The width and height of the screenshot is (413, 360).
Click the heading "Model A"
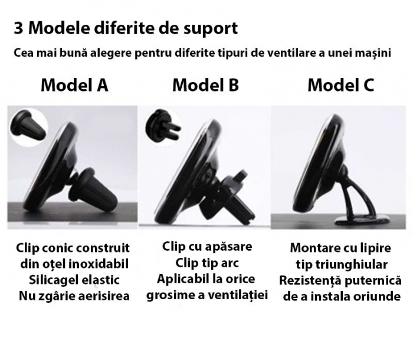click(x=74, y=85)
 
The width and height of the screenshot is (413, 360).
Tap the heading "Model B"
click(x=205, y=85)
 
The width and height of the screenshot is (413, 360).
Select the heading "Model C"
click(x=340, y=85)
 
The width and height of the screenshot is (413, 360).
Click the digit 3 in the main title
click(x=18, y=28)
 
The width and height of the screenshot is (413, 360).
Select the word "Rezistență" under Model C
click(x=310, y=280)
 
